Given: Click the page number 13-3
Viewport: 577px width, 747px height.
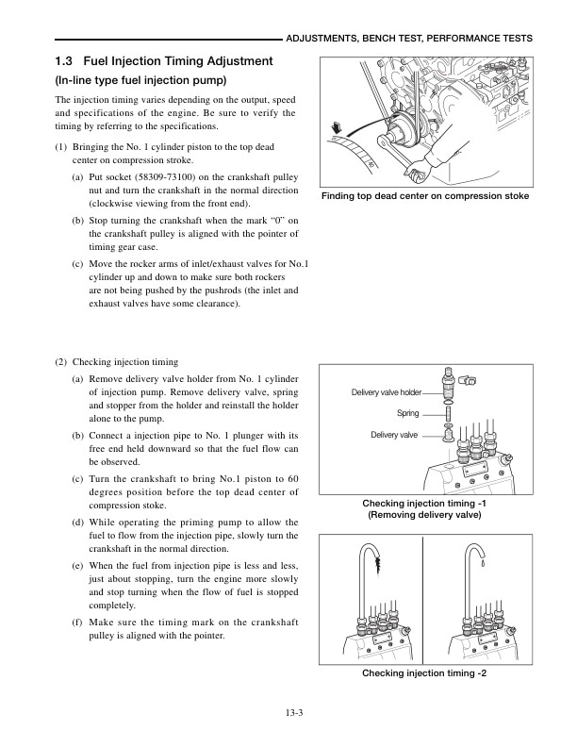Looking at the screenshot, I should (x=288, y=712).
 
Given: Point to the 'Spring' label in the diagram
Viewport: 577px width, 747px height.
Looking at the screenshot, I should (x=407, y=413).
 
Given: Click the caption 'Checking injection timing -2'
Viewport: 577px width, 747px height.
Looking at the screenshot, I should (x=424, y=673).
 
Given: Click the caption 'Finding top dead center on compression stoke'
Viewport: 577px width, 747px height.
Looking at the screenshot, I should (x=425, y=196).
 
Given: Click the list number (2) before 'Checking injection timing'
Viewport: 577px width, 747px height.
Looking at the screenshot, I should (x=61, y=361).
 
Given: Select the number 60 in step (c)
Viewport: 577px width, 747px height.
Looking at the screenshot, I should (x=292, y=479).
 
